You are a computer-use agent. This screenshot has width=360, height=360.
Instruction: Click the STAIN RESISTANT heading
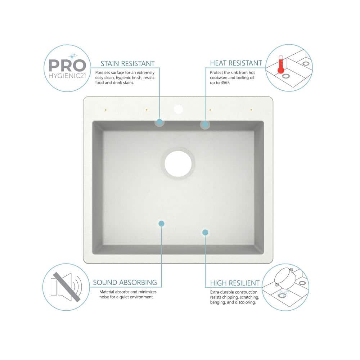point(127,64)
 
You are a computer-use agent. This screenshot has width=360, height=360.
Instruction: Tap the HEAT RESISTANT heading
point(236,63)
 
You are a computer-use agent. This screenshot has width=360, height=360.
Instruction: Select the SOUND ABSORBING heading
point(125,283)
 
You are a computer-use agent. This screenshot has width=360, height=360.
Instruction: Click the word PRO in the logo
point(67,66)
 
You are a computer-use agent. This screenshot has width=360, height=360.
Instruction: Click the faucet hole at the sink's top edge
point(178,108)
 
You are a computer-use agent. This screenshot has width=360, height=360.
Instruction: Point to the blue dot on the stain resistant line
point(159,122)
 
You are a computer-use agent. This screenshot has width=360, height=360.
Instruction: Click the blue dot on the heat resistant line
point(205,125)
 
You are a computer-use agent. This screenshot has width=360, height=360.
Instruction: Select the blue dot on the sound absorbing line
point(161,224)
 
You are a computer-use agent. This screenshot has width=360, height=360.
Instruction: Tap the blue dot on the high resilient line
point(205,233)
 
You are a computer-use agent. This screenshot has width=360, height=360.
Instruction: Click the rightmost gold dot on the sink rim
point(251,109)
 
